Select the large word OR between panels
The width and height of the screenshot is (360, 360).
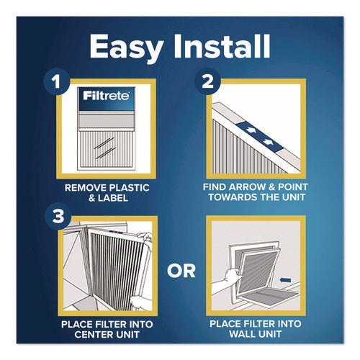pos(180,272)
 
